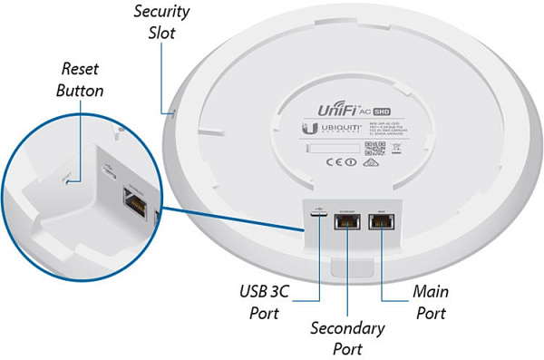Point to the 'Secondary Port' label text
pos(347,336)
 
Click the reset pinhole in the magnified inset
pos(79,179)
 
